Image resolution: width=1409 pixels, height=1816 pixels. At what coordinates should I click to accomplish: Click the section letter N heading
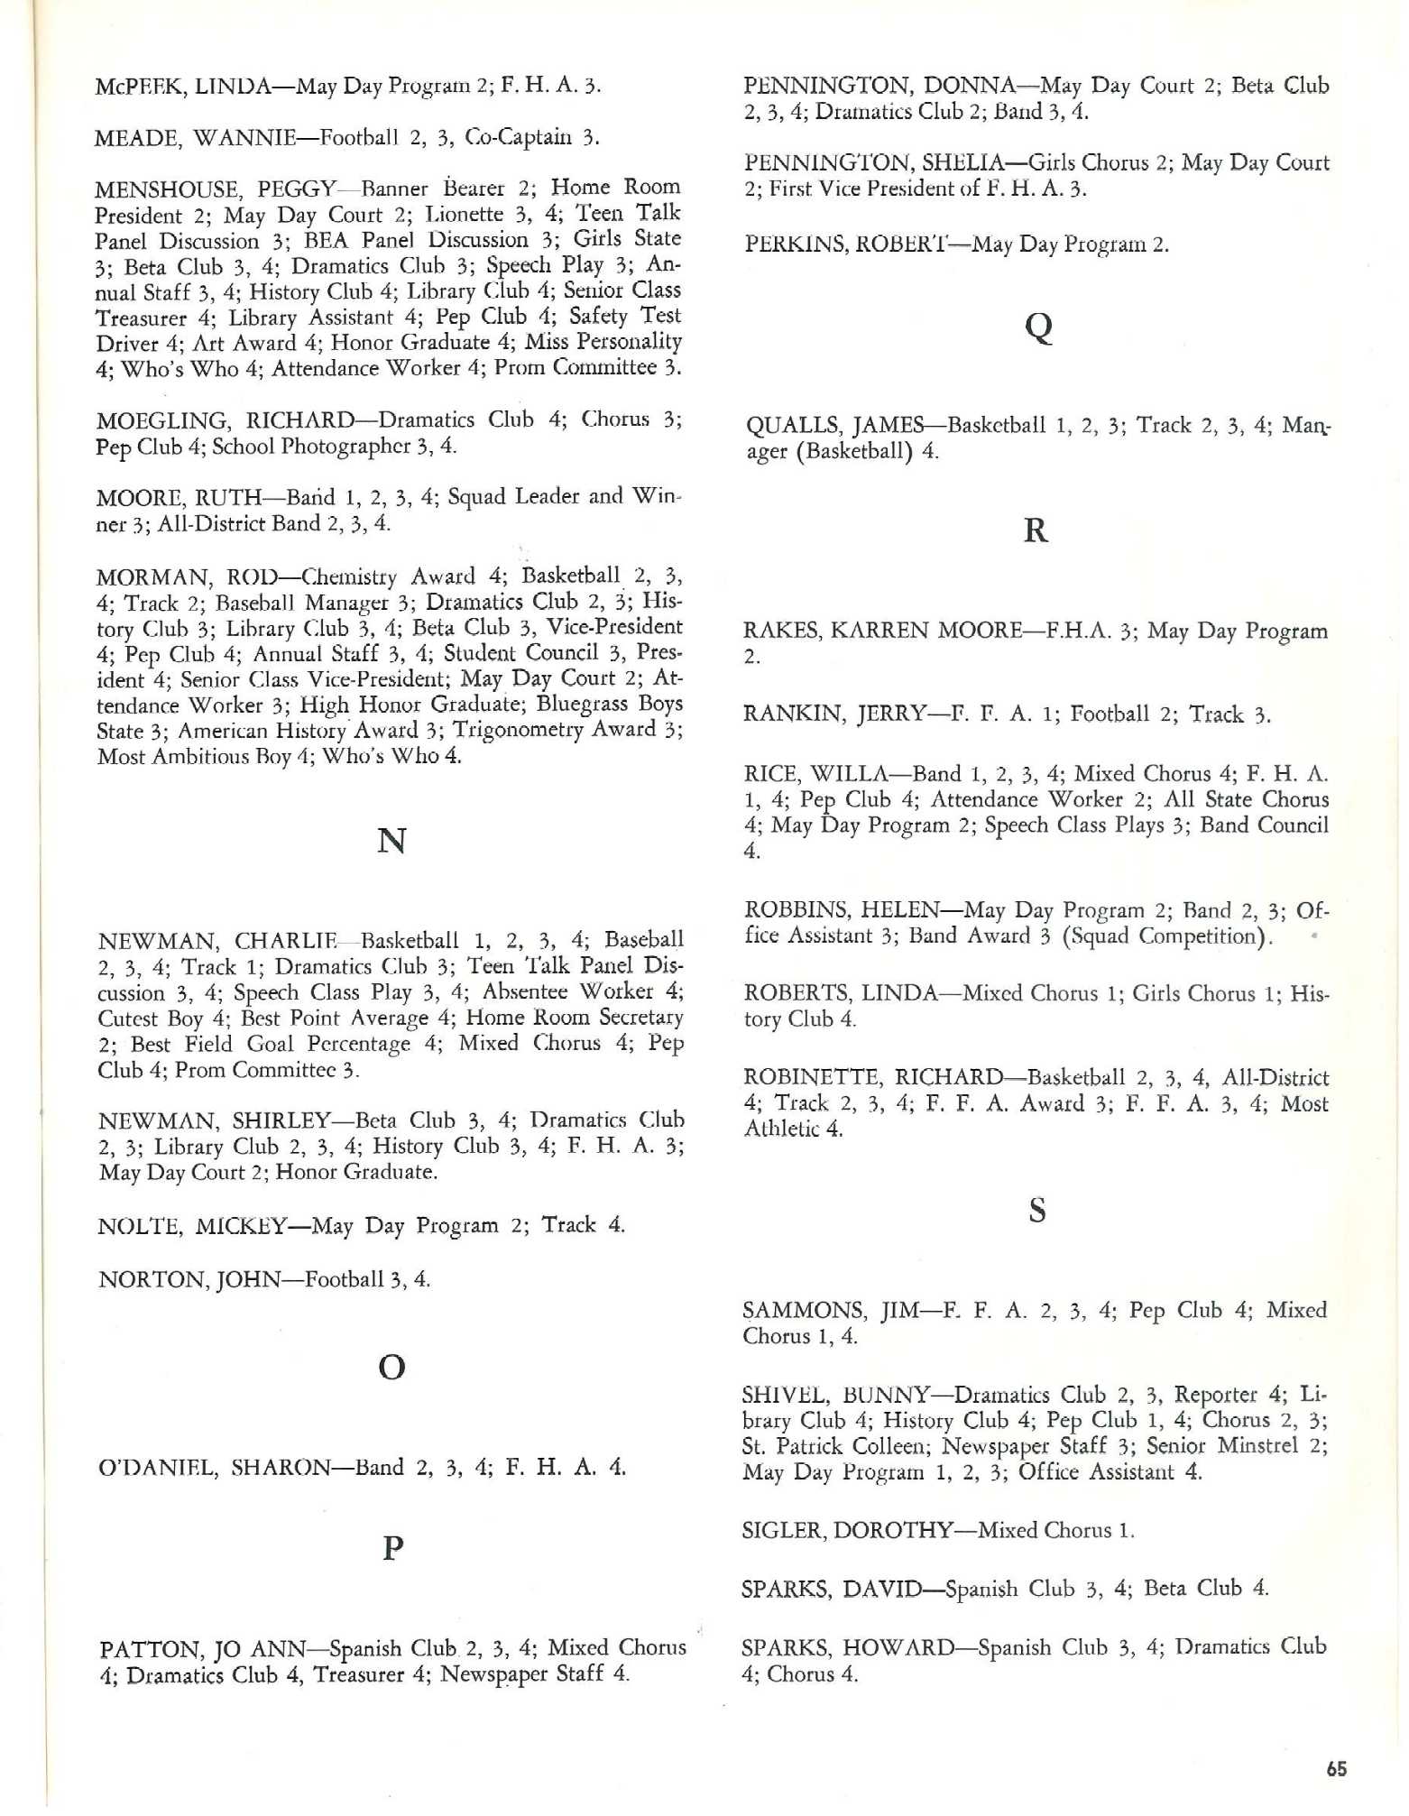point(391,841)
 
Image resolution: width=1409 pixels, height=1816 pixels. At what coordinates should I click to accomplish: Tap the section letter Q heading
point(1039,327)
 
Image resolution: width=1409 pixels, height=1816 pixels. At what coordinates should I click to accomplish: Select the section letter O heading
point(391,1369)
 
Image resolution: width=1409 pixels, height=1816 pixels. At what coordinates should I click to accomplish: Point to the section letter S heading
point(1037,1211)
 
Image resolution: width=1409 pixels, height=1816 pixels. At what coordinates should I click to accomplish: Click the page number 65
point(1337,1769)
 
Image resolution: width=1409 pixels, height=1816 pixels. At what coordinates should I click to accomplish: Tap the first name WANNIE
point(245,138)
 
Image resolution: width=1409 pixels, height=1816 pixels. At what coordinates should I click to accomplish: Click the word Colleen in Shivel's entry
point(883,1447)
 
